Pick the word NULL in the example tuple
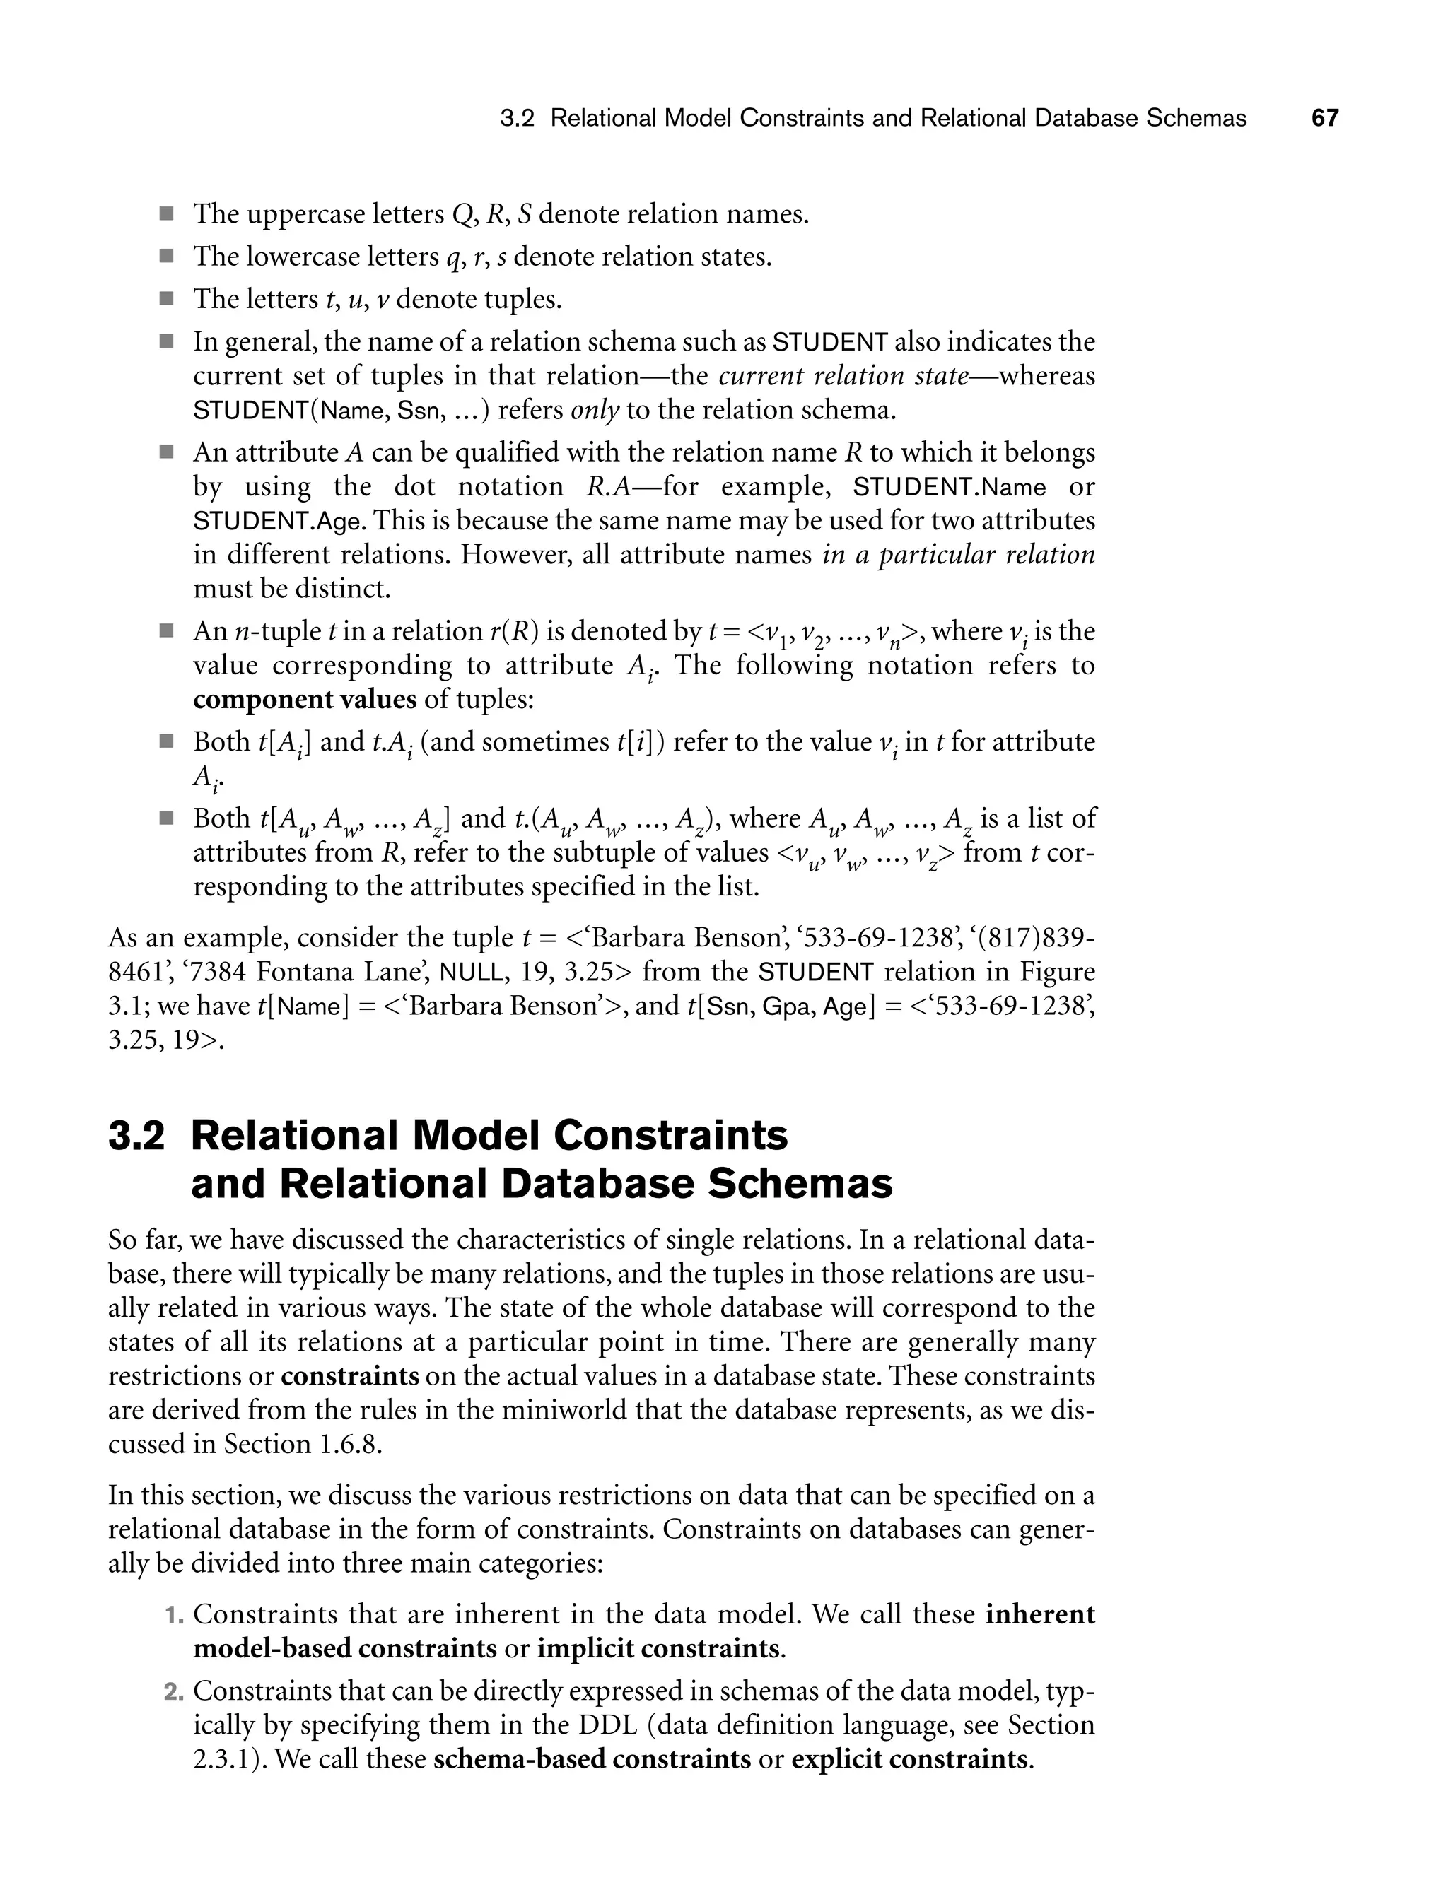[472, 973]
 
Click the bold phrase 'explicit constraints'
[909, 1758]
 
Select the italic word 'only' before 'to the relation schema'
[595, 410]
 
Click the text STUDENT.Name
[949, 488]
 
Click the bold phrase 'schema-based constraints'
[591, 1758]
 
